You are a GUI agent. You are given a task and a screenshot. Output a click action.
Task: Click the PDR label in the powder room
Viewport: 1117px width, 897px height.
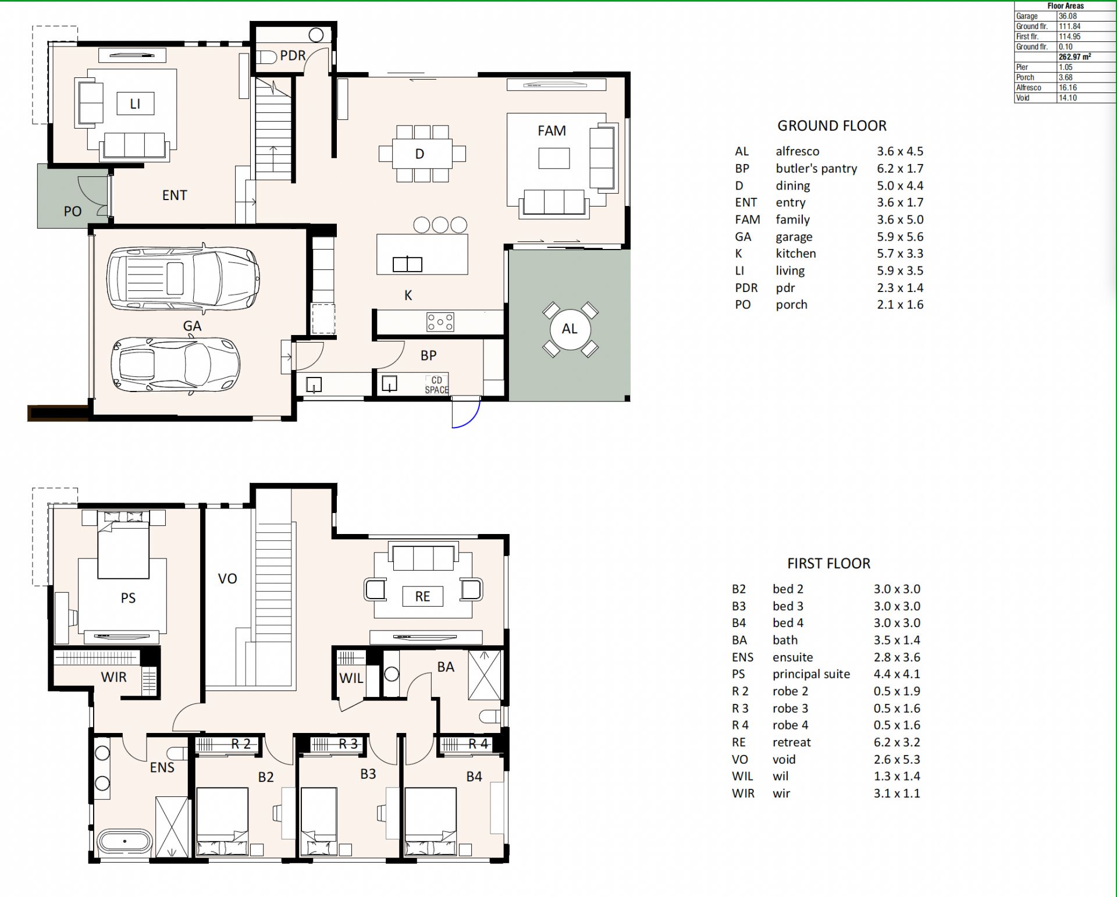pos(293,55)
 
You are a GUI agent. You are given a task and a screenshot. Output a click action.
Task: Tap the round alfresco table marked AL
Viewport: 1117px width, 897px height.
pos(570,329)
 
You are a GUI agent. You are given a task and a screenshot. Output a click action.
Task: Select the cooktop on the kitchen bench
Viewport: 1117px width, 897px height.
pos(440,322)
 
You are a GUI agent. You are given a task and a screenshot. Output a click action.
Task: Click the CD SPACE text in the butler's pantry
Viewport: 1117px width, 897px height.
pos(436,385)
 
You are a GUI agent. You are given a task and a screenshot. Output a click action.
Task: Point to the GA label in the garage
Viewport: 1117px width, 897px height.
pos(192,326)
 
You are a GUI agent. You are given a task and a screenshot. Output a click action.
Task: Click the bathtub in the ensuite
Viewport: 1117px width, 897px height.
pos(124,841)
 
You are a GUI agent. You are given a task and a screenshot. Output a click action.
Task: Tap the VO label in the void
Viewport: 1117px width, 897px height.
pos(227,579)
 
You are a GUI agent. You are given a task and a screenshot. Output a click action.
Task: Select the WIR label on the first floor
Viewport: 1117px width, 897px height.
pos(113,677)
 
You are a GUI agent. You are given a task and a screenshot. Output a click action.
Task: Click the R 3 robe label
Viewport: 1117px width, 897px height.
pos(348,743)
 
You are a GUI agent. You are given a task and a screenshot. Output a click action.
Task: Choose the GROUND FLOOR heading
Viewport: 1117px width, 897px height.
pos(832,126)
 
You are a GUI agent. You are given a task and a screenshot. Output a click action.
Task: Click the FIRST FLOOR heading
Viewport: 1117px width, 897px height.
pos(828,563)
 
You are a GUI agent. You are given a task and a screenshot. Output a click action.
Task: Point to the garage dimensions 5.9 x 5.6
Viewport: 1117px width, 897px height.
pos(900,237)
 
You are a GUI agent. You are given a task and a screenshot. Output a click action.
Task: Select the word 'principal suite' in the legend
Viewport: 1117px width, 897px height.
pos(811,674)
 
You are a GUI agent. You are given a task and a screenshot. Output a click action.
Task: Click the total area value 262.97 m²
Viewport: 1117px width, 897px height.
pos(1075,57)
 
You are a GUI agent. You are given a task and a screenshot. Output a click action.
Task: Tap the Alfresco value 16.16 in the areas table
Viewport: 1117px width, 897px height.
pos(1068,88)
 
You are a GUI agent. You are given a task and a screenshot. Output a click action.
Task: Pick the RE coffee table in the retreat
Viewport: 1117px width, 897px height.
pos(422,596)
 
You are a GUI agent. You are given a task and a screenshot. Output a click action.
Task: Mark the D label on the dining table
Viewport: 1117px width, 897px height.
pos(419,154)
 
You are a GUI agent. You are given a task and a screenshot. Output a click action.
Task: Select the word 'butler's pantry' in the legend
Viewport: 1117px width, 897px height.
pos(816,169)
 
